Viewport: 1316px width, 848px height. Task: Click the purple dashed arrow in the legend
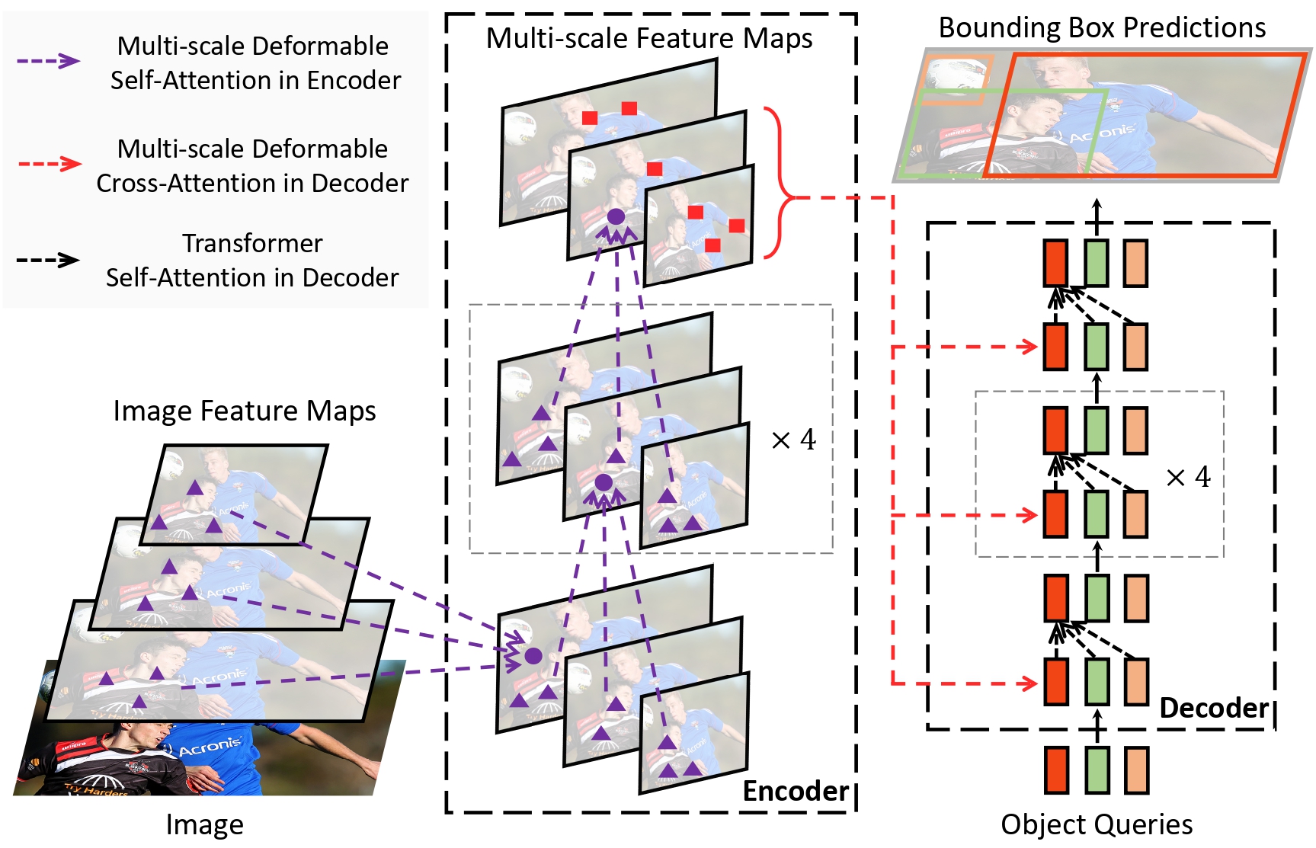[x=49, y=61]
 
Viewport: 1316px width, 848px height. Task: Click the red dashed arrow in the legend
[x=49, y=164]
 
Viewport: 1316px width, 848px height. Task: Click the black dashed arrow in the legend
[x=49, y=260]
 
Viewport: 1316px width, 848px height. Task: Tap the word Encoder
[x=796, y=792]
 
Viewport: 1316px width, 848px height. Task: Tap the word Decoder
[x=1213, y=708]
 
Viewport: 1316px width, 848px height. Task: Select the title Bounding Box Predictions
[x=1102, y=27]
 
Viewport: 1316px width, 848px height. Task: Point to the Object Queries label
[x=1097, y=824]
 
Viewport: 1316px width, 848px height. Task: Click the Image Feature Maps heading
[x=244, y=411]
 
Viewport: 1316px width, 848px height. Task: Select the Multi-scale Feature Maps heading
[x=649, y=38]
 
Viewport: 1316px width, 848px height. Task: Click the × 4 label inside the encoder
[x=793, y=440]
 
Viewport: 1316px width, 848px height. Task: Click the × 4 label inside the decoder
[x=1188, y=478]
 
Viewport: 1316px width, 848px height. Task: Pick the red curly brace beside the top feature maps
[x=779, y=183]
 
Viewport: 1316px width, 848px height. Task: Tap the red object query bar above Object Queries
[x=1056, y=770]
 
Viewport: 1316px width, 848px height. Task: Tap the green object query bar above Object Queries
[x=1097, y=770]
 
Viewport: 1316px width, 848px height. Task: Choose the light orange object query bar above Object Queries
[x=1136, y=770]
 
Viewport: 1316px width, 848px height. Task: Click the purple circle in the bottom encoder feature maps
[x=533, y=655]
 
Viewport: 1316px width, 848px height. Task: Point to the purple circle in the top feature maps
[x=616, y=216]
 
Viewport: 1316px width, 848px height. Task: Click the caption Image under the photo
[x=204, y=825]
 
